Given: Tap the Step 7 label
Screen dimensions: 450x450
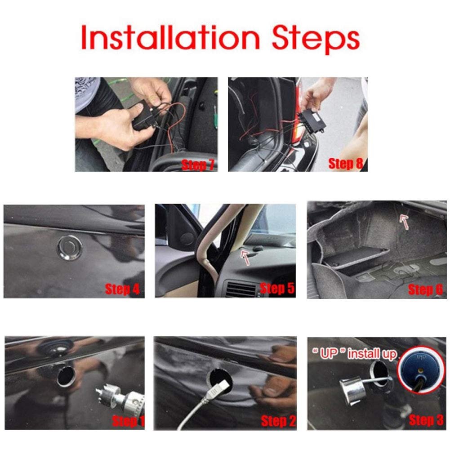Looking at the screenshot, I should coord(198,165).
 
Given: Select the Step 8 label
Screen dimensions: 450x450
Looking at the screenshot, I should coord(345,164).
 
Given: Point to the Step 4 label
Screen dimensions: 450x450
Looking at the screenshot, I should coord(122,289).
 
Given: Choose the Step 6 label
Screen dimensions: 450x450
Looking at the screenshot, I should coord(425,290).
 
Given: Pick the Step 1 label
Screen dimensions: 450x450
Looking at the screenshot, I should coord(129,421).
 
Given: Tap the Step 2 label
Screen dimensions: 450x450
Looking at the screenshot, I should coord(279,421).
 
